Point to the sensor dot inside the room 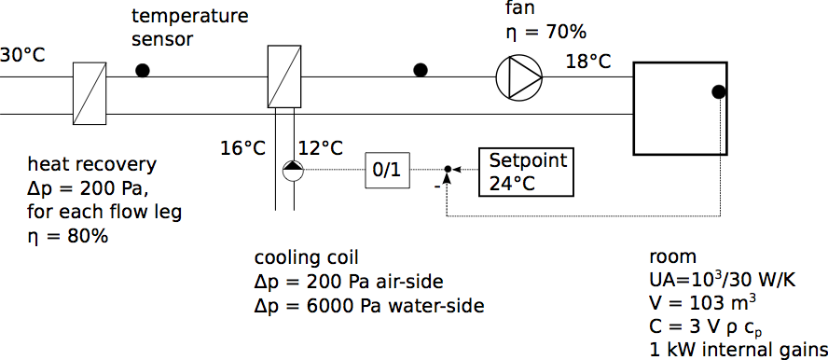point(718,91)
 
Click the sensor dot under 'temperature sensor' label point(143,70)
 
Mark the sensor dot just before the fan point(421,70)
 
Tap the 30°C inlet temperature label point(22,55)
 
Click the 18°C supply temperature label point(588,62)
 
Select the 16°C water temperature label point(243,149)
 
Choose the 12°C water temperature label point(321,149)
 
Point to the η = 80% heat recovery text point(67,237)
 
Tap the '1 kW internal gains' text point(738,350)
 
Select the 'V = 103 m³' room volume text point(702,303)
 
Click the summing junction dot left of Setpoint point(448,169)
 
